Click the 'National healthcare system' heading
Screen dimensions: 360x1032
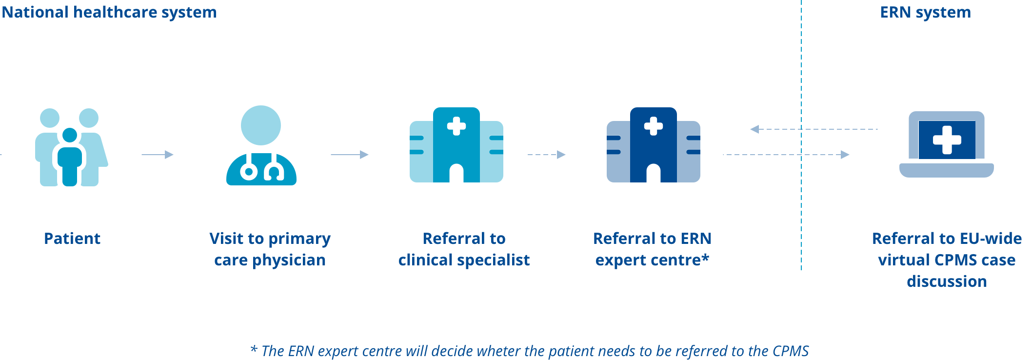coord(109,12)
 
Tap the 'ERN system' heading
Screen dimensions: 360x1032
coord(925,12)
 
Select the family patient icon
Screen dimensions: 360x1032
coord(71,147)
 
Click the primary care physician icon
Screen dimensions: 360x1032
coord(261,146)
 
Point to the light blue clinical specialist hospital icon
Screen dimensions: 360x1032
coord(456,145)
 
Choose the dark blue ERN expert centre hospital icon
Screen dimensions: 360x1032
coord(654,145)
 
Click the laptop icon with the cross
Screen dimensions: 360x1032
coord(947,144)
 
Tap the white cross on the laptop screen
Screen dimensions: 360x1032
coord(947,140)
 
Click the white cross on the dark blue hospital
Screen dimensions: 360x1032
coord(654,126)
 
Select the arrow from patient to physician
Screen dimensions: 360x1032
coord(158,155)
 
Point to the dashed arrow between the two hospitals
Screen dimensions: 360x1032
coord(547,155)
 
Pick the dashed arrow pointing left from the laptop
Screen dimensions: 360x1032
coord(814,129)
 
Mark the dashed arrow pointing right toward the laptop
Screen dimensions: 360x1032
coord(786,155)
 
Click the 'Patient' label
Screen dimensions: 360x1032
coord(72,239)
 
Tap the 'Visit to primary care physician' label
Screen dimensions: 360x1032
coord(270,249)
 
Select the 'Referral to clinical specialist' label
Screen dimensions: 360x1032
coord(464,249)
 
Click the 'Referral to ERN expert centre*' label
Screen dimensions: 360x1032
coord(652,249)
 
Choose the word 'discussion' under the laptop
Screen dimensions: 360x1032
coord(947,281)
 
